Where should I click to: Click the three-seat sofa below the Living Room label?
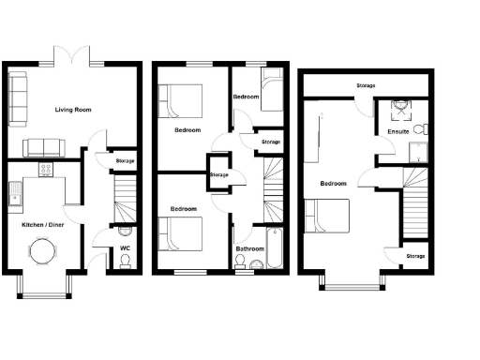pos(43,146)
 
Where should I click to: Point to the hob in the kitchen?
pos(44,171)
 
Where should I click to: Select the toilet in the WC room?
pos(126,258)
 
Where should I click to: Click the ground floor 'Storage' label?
pos(125,161)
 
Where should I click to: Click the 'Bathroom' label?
pos(248,248)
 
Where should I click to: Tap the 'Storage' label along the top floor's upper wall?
pos(367,86)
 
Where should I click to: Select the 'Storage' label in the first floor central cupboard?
pos(218,174)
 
